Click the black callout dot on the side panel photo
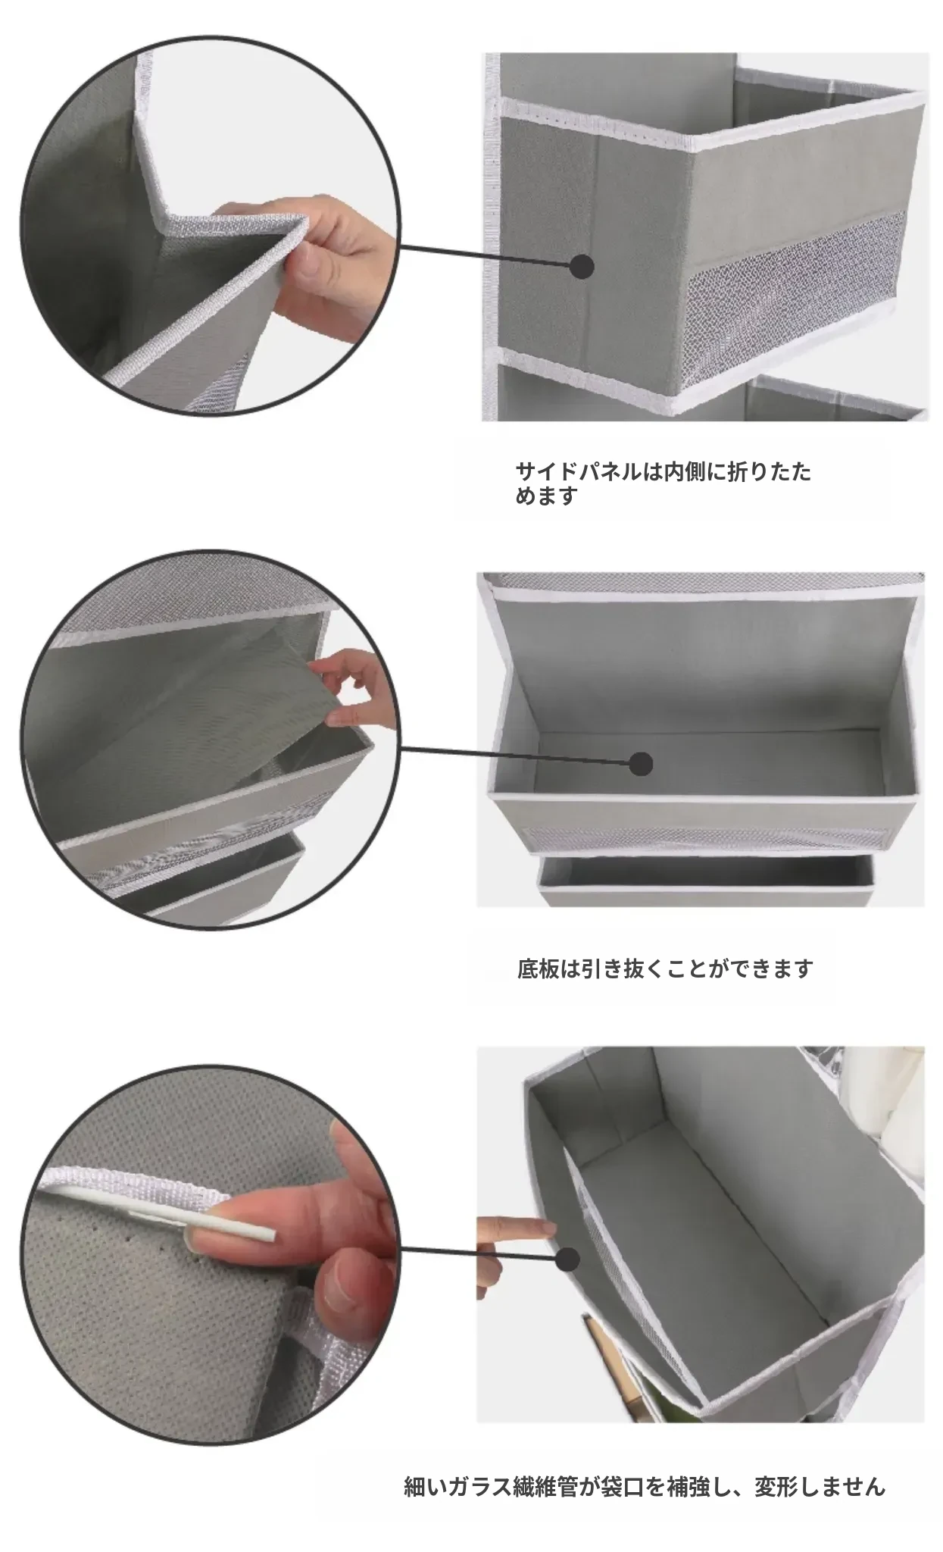tap(582, 266)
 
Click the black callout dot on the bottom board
tap(641, 764)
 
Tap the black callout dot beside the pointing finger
tap(567, 1259)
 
